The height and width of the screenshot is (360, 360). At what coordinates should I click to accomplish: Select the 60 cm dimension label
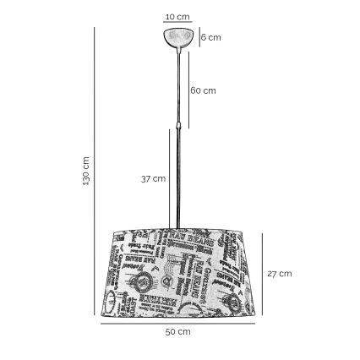pyautogui.click(x=203, y=90)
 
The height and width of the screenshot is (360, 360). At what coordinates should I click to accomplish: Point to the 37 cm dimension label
pyautogui.click(x=152, y=179)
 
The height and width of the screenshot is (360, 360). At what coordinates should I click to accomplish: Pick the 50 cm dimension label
pyautogui.click(x=177, y=332)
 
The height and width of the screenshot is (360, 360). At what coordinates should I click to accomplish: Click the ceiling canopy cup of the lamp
pyautogui.click(x=178, y=37)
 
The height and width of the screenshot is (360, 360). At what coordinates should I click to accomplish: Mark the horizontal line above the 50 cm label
pyautogui.click(x=177, y=324)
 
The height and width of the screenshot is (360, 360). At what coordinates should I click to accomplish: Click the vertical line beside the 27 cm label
pyautogui.click(x=263, y=273)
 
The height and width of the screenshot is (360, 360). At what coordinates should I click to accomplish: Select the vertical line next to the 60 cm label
pyautogui.click(x=188, y=90)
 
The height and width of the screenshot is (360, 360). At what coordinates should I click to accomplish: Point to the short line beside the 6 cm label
pyautogui.click(x=199, y=37)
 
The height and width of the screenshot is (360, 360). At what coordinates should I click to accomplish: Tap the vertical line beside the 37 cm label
pyautogui.click(x=168, y=179)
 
